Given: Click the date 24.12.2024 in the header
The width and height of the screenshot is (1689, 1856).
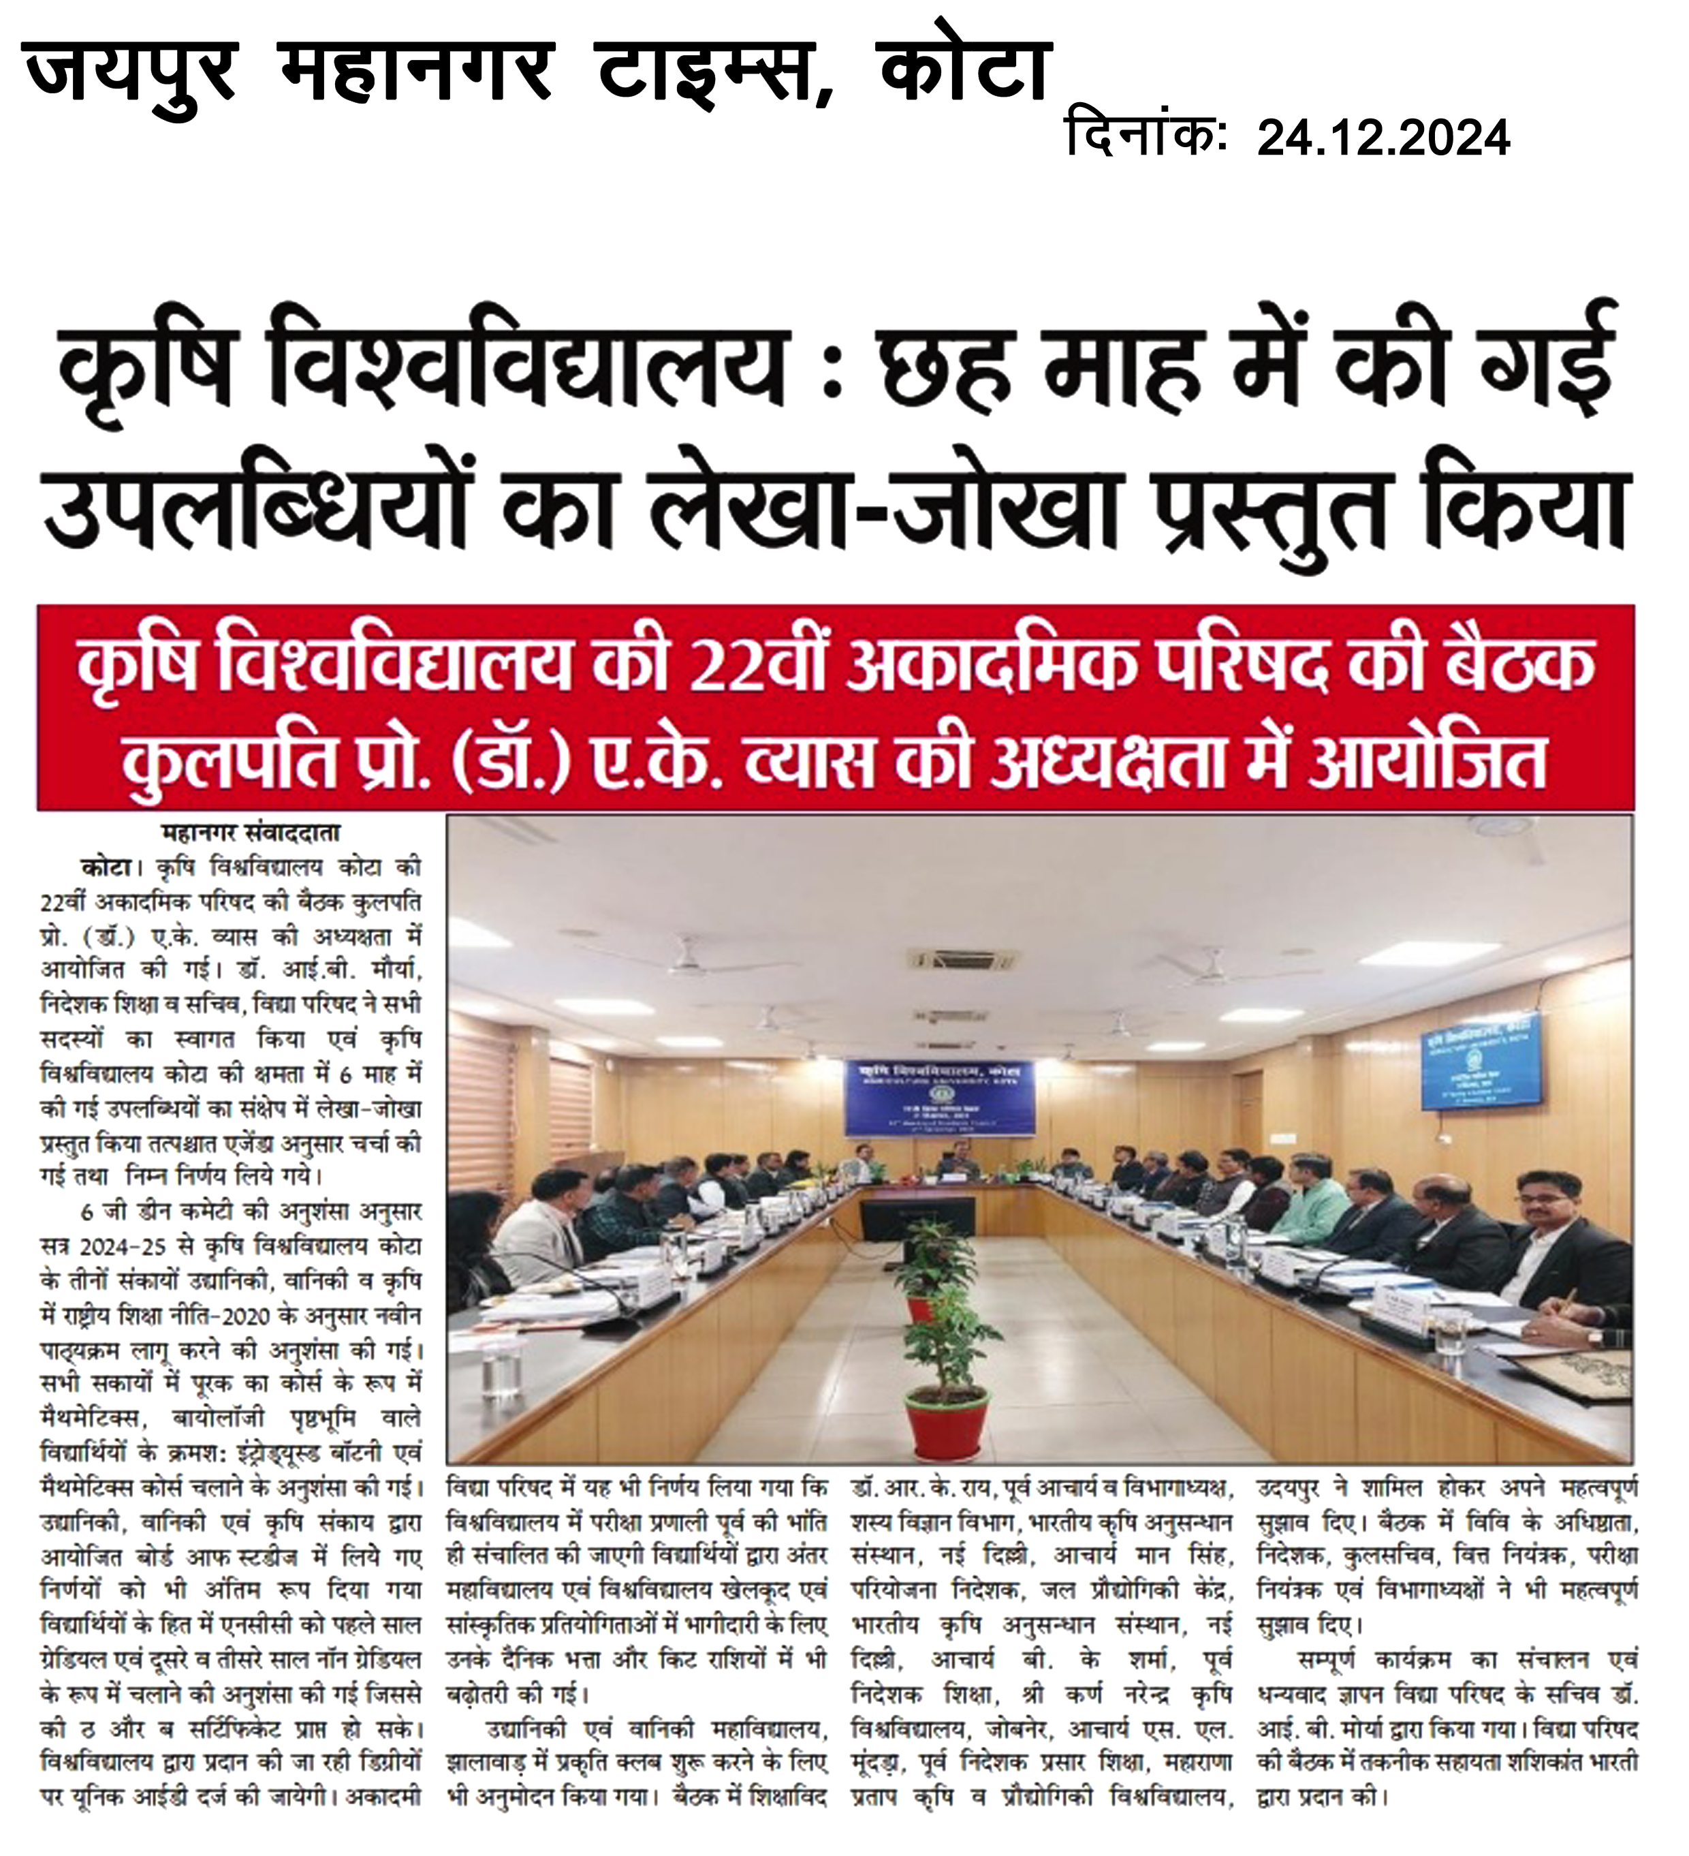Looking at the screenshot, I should [x=1383, y=138].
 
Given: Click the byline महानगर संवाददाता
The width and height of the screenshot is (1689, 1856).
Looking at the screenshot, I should [x=251, y=833].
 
